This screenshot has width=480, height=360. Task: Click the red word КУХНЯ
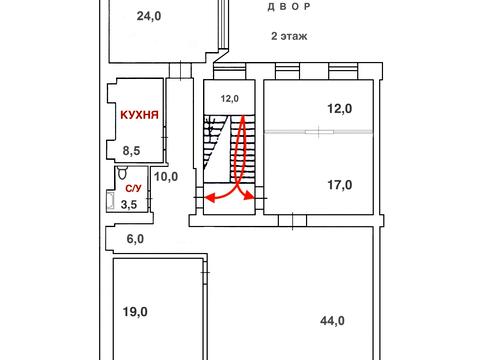pos(139,115)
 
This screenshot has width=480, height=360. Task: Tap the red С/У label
pos(133,189)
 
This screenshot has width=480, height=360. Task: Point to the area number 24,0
pos(149,16)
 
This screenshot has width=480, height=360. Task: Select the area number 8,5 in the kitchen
pos(131,151)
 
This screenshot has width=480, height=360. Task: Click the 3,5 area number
pos(129,204)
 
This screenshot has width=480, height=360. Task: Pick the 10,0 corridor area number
pos(166,176)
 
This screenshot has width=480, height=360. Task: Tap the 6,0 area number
pos(135,239)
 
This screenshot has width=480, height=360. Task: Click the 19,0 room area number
pos(135,312)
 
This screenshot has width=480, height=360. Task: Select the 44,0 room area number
pos(332,321)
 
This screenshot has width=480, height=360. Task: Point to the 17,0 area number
pos(340,185)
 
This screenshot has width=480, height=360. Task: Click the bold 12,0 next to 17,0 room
pos(340,109)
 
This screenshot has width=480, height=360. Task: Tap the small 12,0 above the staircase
pos(230,99)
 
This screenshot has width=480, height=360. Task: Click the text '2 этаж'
pos(289,36)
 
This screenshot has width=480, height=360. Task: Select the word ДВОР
pos(289,7)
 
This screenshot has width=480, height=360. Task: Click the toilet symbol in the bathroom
pos(122,173)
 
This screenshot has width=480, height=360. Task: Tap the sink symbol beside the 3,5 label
pos(110,200)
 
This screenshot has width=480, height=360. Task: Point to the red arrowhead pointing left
pos(210,198)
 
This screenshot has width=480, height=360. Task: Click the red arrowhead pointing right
pos(249,195)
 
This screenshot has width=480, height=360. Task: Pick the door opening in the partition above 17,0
pos(319,132)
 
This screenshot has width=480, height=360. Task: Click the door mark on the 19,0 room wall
pos(205,273)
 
